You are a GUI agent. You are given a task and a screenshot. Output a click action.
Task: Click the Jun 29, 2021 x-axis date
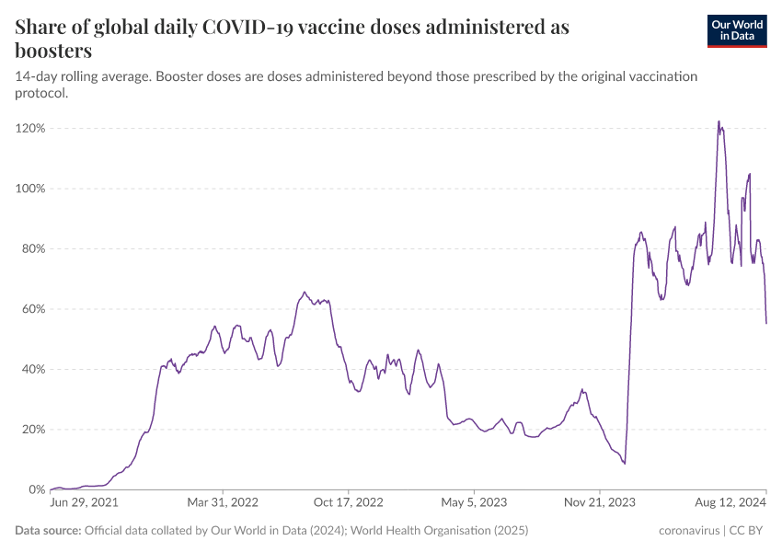(85, 503)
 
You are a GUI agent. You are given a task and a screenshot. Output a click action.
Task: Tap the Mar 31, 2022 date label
(224, 503)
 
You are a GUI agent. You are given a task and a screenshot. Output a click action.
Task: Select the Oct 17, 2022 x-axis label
(348, 503)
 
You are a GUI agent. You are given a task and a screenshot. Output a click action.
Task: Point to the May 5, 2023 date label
(474, 503)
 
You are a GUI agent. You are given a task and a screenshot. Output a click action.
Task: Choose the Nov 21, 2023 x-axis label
(599, 503)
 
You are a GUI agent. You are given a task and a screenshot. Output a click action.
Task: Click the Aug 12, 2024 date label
(730, 503)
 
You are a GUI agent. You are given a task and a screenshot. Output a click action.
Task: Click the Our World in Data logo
(737, 30)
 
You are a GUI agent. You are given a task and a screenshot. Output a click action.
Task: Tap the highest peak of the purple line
(719, 121)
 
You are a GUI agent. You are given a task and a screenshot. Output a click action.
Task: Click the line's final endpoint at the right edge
(766, 323)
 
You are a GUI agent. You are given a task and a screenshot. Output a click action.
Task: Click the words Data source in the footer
(48, 531)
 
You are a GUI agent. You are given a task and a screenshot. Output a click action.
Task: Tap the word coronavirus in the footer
(690, 531)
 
